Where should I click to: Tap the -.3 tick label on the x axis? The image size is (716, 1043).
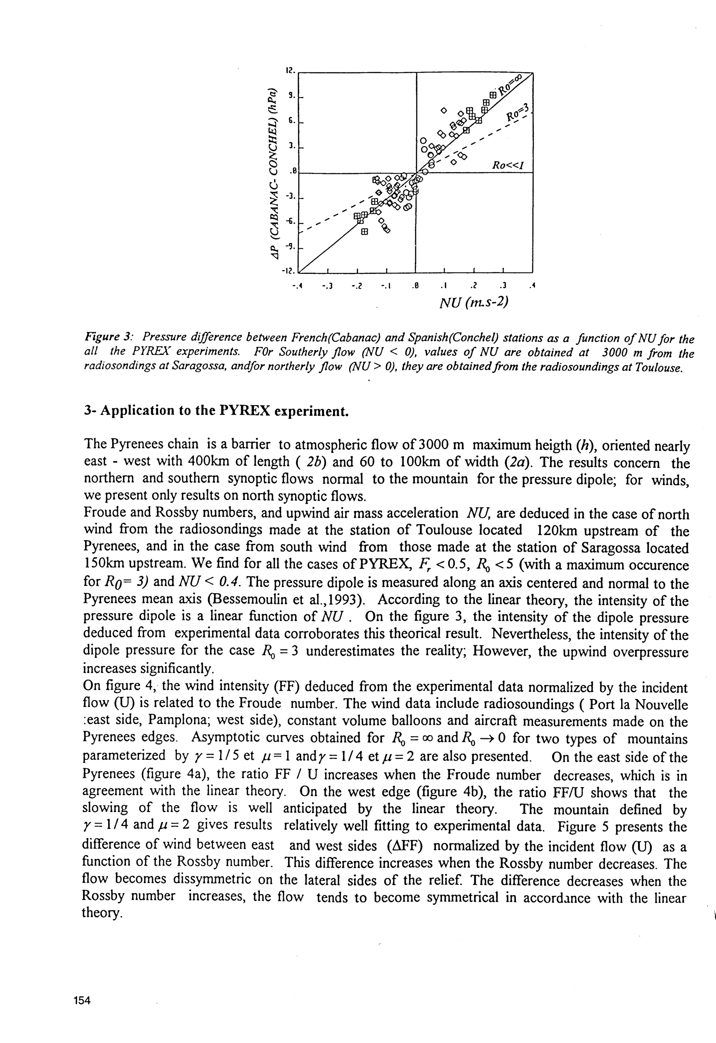click(x=327, y=286)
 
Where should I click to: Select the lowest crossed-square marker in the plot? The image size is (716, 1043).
click(x=364, y=232)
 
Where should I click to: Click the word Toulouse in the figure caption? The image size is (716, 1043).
click(x=655, y=368)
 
